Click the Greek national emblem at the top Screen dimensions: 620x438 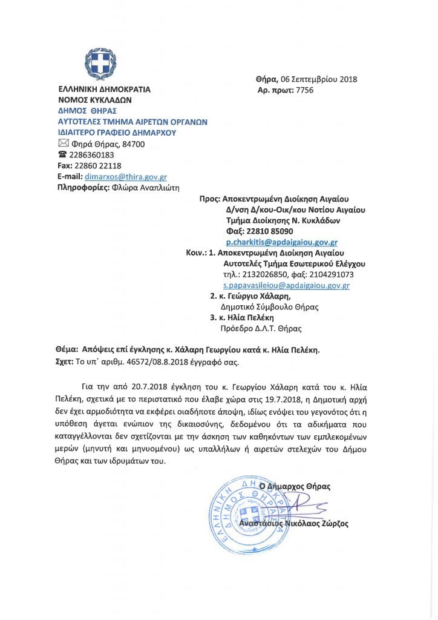100,63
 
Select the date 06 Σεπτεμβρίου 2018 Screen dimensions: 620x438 318,79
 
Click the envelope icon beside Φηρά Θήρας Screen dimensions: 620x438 63,143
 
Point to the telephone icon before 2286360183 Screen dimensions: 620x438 62,155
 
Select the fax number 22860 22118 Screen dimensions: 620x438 97,166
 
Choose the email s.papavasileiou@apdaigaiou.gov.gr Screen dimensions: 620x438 286,285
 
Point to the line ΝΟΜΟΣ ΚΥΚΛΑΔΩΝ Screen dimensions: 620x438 94,100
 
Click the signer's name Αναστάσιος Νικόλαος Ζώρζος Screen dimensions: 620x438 294,524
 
